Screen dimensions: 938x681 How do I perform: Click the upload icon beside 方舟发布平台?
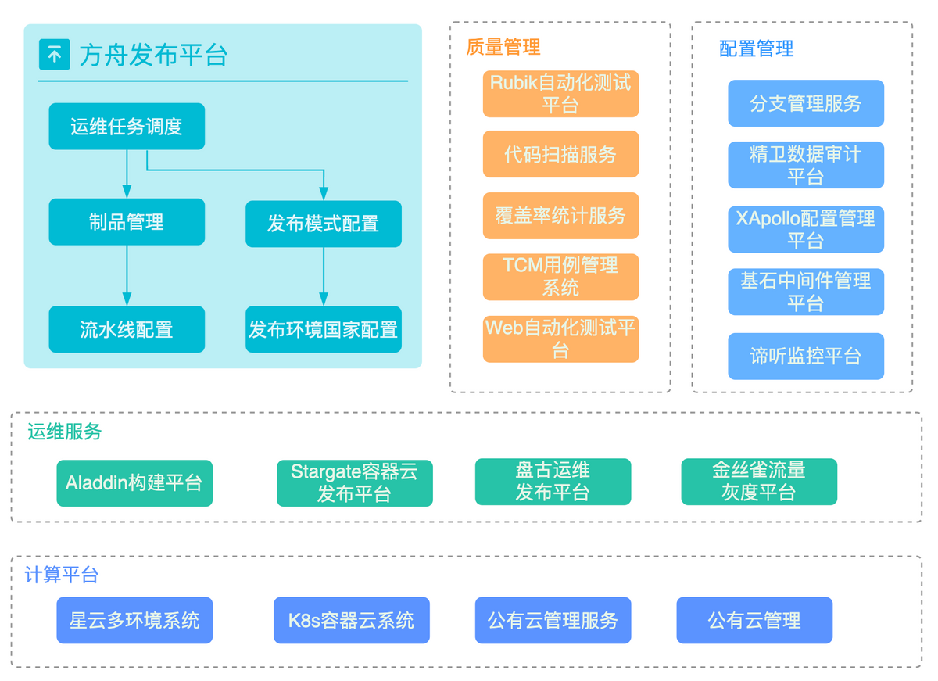click(x=55, y=55)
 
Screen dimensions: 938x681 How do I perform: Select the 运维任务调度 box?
click(x=127, y=127)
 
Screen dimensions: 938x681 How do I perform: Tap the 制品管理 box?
click(x=127, y=222)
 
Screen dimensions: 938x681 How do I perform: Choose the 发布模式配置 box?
click(x=324, y=224)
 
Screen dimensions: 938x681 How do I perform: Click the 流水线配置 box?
click(x=127, y=330)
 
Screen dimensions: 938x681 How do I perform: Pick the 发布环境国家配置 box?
click(x=324, y=330)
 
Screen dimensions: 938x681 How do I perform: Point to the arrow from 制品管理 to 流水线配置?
click(x=127, y=275)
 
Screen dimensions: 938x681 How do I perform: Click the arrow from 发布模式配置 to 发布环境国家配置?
click(x=324, y=277)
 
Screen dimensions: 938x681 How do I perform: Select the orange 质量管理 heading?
click(x=503, y=47)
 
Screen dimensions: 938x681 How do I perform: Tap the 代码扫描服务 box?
click(x=561, y=154)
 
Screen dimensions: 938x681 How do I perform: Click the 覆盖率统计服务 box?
click(x=561, y=216)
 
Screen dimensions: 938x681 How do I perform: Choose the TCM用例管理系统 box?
click(x=561, y=278)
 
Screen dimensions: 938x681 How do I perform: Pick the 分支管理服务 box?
click(x=807, y=103)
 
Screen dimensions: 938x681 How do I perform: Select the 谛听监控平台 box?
click(x=807, y=357)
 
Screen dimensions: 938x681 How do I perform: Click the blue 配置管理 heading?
click(x=757, y=48)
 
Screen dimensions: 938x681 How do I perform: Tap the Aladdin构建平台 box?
click(x=134, y=484)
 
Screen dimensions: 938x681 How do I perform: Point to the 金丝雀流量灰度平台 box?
click(x=760, y=482)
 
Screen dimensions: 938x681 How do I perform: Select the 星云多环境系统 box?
click(x=134, y=621)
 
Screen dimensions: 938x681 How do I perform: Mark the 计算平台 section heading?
click(x=62, y=575)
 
